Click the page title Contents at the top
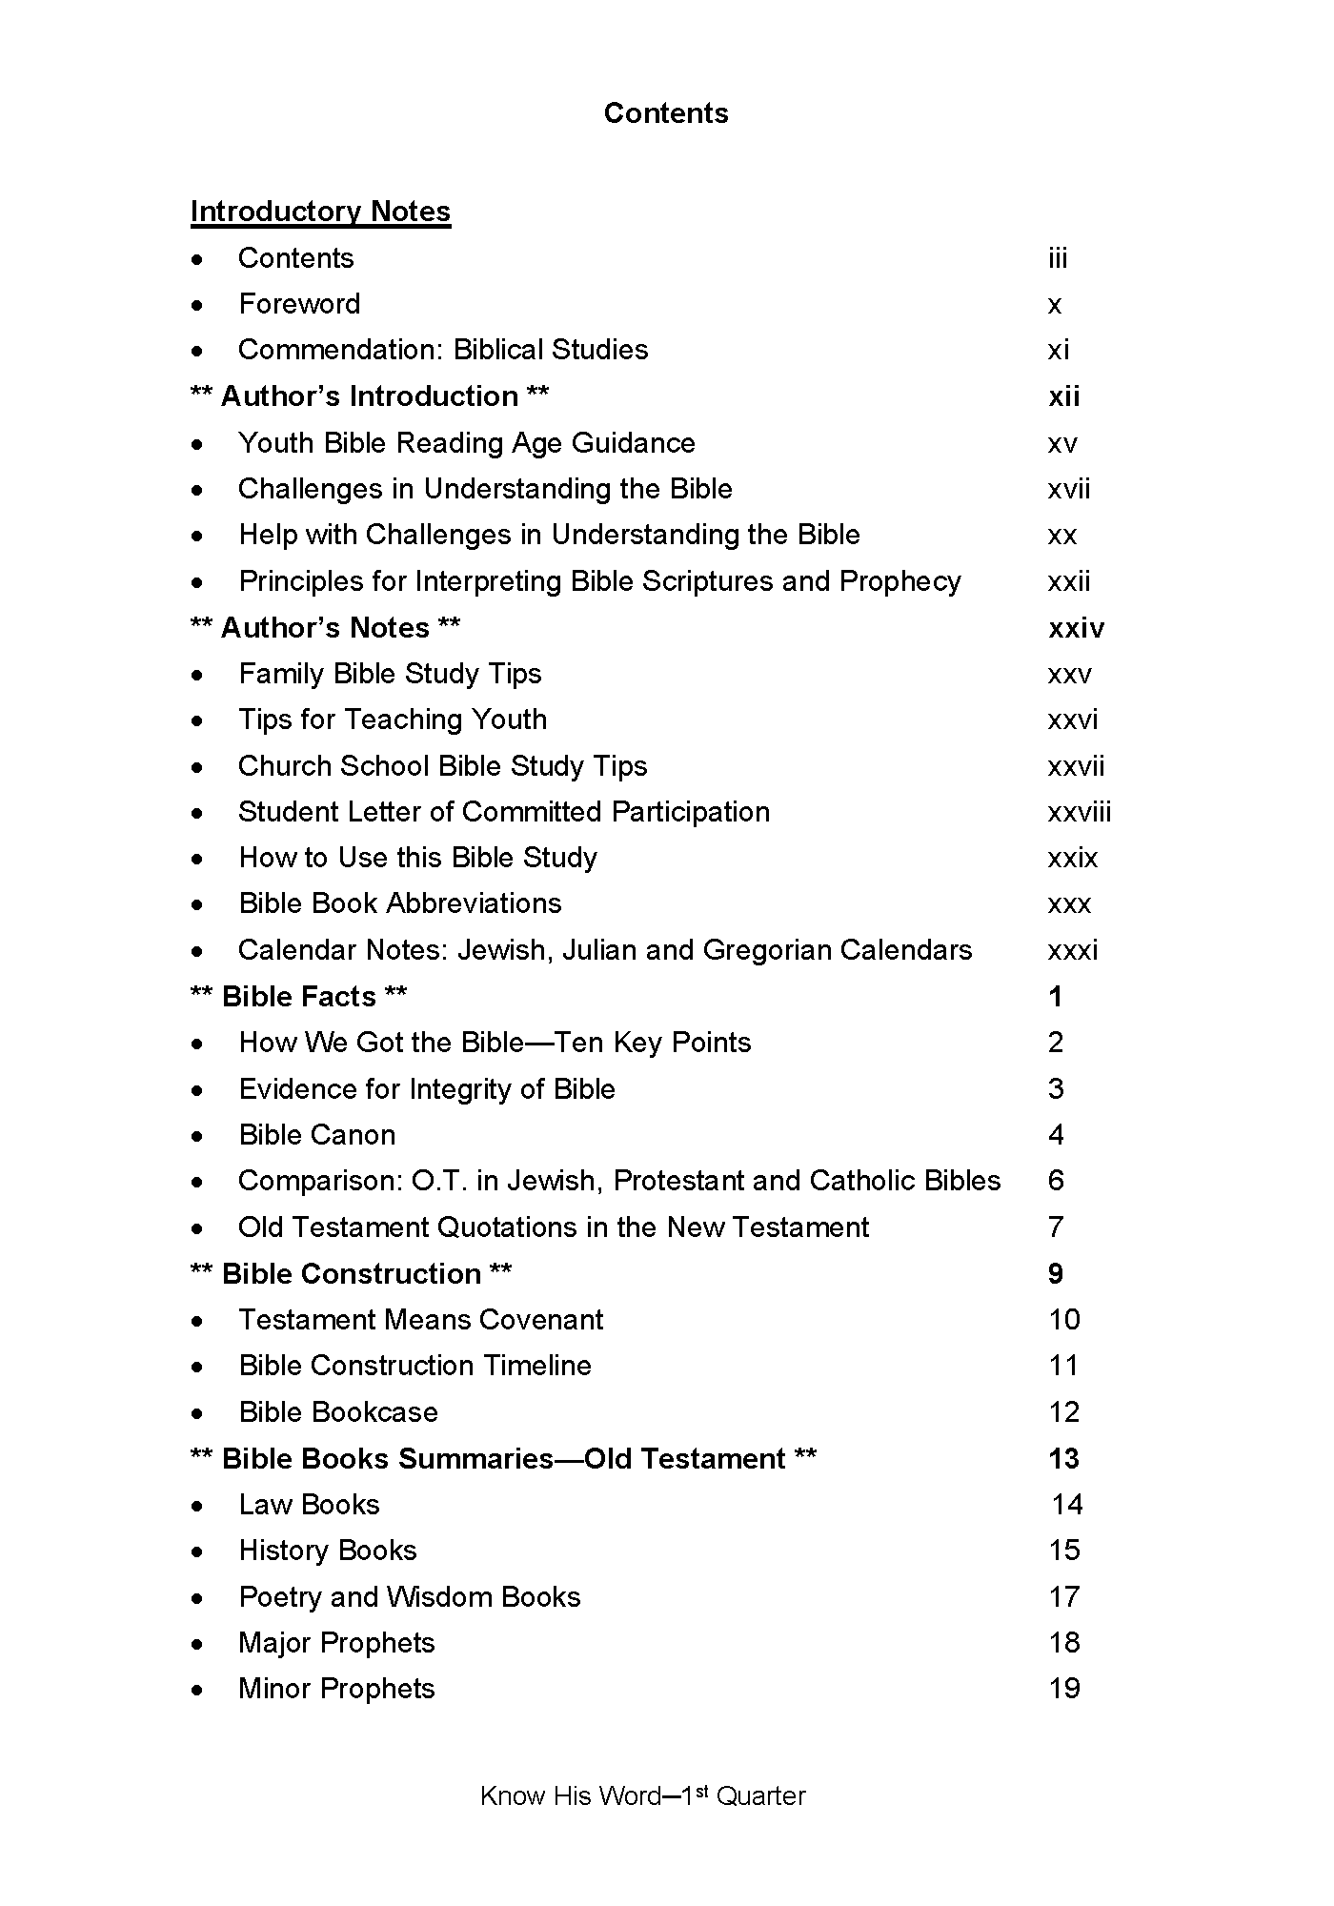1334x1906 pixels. [666, 113]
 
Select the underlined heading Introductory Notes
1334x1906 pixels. [320, 212]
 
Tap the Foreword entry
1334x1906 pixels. [299, 304]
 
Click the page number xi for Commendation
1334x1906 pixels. [1059, 350]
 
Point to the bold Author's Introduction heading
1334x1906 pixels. [370, 396]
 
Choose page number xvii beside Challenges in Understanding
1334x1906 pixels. [1069, 489]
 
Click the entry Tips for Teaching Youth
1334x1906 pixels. [393, 720]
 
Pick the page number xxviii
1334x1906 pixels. [1080, 812]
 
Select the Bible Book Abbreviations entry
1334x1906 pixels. [400, 903]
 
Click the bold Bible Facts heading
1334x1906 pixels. [299, 997]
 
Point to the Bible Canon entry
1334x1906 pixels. [317, 1135]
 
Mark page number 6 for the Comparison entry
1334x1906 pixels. [1056, 1181]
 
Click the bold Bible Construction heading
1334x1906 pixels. [352, 1274]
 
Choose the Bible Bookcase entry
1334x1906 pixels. [338, 1412]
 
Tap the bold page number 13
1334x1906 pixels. [1063, 1459]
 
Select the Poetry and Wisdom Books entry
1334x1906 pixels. [410, 1597]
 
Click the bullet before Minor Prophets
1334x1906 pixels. [196, 1690]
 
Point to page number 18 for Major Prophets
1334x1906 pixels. [1064, 1643]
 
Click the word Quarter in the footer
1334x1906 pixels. [760, 1796]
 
